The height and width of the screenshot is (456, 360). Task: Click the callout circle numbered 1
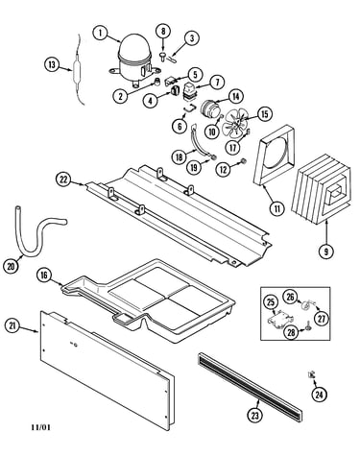click(x=101, y=33)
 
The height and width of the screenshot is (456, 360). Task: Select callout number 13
click(x=52, y=64)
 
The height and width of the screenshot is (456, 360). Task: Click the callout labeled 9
click(x=326, y=252)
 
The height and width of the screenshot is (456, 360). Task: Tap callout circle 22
click(x=63, y=180)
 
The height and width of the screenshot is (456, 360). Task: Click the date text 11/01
click(x=41, y=427)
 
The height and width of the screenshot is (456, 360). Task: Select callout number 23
click(x=254, y=415)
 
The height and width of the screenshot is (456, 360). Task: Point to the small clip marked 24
click(x=311, y=374)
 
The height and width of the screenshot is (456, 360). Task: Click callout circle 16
click(x=44, y=275)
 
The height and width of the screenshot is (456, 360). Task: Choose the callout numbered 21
click(x=12, y=326)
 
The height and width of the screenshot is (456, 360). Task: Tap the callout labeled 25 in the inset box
click(x=271, y=301)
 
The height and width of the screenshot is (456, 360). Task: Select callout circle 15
click(x=265, y=114)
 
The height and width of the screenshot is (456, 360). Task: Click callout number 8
click(x=163, y=31)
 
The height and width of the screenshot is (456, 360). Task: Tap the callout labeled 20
click(x=11, y=266)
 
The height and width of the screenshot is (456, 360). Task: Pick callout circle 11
click(x=277, y=208)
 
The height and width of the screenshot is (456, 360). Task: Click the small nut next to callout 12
click(x=243, y=160)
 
